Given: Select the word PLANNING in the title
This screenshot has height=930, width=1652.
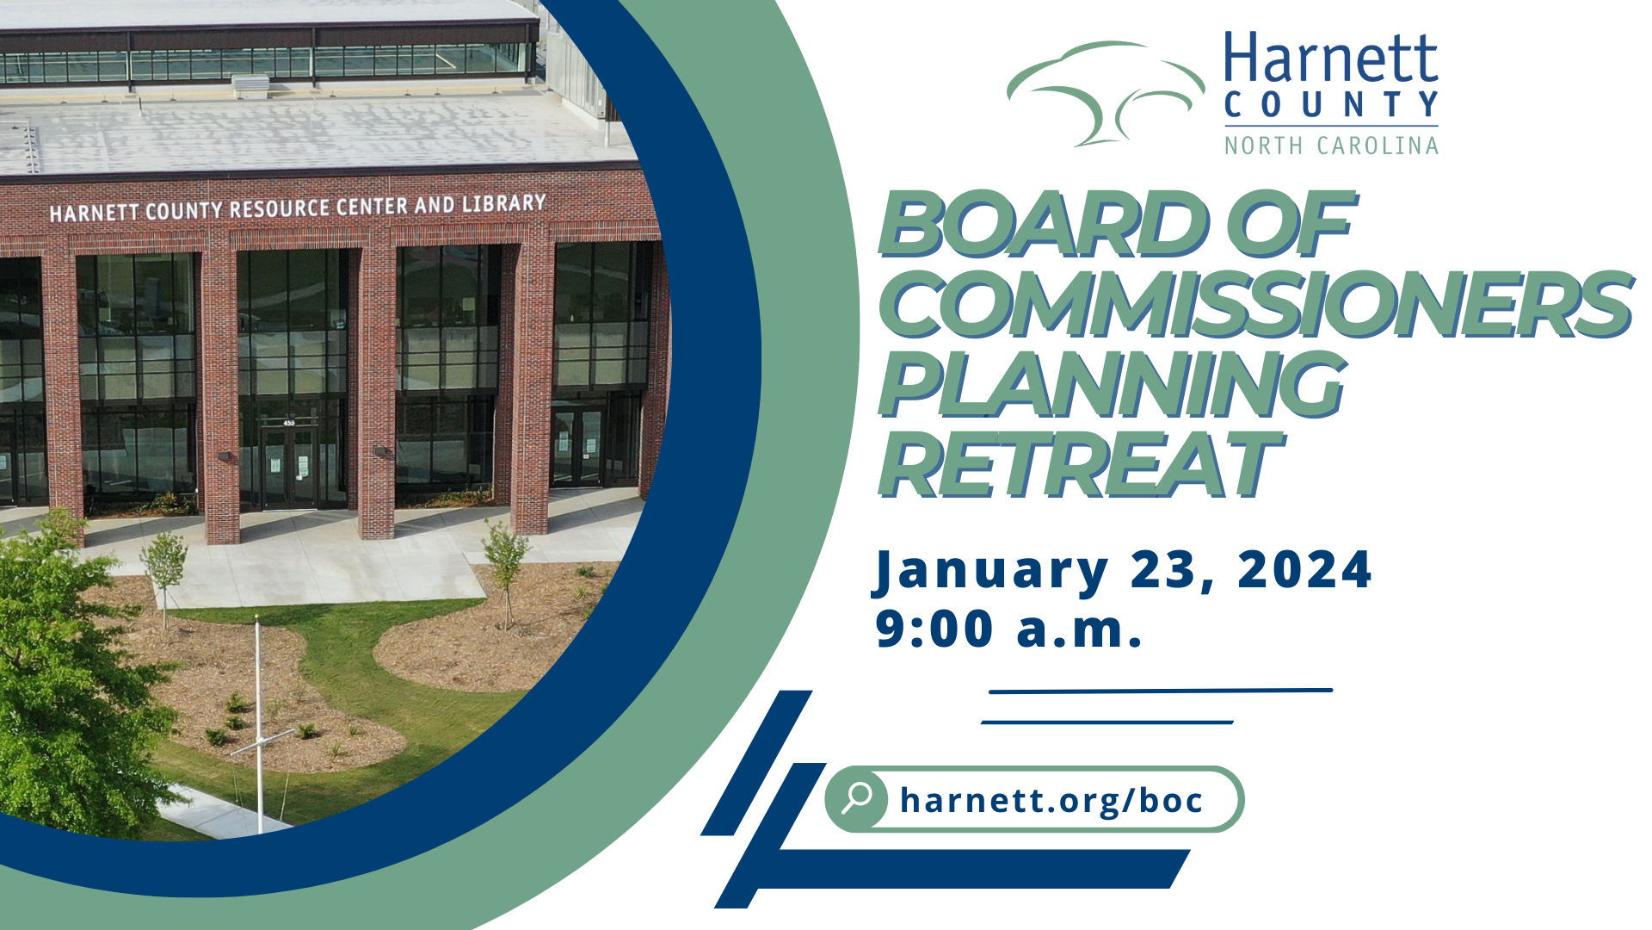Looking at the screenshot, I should pos(1110,384).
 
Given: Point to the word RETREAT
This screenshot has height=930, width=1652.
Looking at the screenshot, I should pos(1079,465).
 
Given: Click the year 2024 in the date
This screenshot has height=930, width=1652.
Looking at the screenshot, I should pos(1304,570).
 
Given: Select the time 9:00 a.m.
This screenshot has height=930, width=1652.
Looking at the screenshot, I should pos(1008,629).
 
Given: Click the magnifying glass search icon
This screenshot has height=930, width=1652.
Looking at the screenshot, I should pos(856,798).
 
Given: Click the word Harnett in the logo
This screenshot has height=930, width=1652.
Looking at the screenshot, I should pos(1330,59).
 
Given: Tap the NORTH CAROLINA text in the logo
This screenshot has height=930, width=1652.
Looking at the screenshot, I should pos(1331,146).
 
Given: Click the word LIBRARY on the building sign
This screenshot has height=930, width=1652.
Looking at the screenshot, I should pos(504,204).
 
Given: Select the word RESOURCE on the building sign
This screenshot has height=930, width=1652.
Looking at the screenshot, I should pos(280,208).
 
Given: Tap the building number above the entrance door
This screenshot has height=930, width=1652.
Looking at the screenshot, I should pos(289,423).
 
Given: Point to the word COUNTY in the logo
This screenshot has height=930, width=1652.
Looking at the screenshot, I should pos(1330,105).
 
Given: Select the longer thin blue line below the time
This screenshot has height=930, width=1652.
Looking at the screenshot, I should pos(1160,691).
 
